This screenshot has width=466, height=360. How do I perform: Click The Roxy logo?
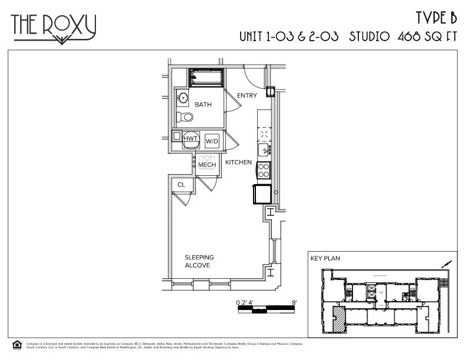point(53,27)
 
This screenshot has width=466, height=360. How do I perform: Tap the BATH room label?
point(203,105)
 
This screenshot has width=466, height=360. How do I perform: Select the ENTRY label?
point(247,95)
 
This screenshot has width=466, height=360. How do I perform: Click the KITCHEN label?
point(238,162)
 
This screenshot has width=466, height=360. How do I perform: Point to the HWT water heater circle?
point(190,139)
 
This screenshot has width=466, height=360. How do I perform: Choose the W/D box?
point(211,141)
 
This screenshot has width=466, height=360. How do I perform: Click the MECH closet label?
point(207,165)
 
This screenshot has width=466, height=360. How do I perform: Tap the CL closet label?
point(181,185)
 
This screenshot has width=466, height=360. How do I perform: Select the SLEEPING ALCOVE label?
point(199,262)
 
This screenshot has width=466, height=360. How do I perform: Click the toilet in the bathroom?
point(186,117)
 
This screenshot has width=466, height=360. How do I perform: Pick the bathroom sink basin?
point(183,98)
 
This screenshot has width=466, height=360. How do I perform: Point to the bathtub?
point(206,78)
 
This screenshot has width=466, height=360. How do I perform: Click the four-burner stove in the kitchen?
point(264,171)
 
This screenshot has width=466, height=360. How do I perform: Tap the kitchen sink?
point(265,149)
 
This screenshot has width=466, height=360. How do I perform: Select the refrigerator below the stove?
point(262,194)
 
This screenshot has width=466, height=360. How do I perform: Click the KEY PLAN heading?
point(325,258)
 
